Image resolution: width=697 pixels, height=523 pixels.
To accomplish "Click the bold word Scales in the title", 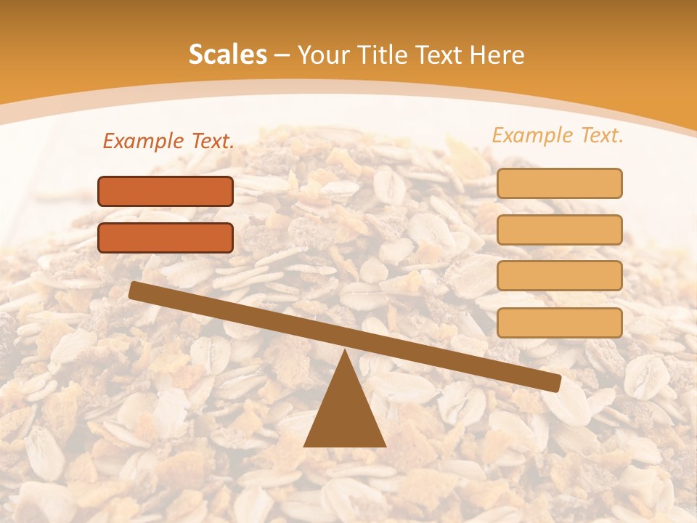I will pos(228,54).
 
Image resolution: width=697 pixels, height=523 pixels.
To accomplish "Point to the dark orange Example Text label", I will pos(168,142).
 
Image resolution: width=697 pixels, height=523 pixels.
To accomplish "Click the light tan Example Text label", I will pos(558,135).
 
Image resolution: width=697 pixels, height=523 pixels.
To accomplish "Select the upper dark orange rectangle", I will pos(166,191).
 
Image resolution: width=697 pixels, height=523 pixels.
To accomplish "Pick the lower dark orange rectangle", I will pos(166,238).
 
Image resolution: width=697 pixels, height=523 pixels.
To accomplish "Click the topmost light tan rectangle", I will pos(559,183).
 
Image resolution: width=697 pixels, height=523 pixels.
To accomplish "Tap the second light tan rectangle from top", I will pos(559,230).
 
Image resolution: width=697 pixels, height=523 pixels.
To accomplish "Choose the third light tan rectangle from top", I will pos(559,276).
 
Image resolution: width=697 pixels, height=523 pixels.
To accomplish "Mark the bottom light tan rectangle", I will pos(559,323).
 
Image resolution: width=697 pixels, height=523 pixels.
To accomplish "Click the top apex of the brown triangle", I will pos(345,351).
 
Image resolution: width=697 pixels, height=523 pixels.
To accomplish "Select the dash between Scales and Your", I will pos(282,55).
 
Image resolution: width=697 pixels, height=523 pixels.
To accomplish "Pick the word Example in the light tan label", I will pos(532,135).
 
